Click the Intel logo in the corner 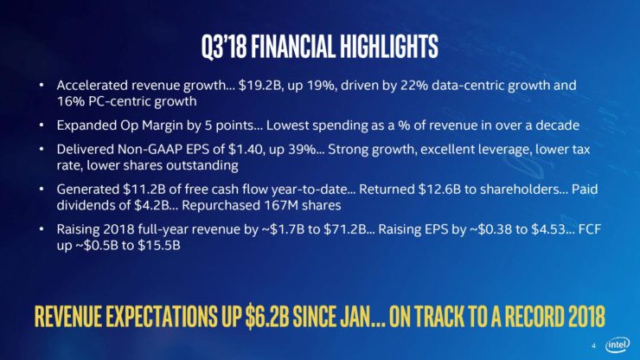pos(618,345)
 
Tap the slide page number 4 pos(593,345)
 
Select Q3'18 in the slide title pos(224,46)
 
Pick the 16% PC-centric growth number pos(70,101)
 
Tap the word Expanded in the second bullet pos(86,125)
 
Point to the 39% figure pos(302,149)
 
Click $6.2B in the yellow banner pos(267,316)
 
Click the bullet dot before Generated pos(42,190)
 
